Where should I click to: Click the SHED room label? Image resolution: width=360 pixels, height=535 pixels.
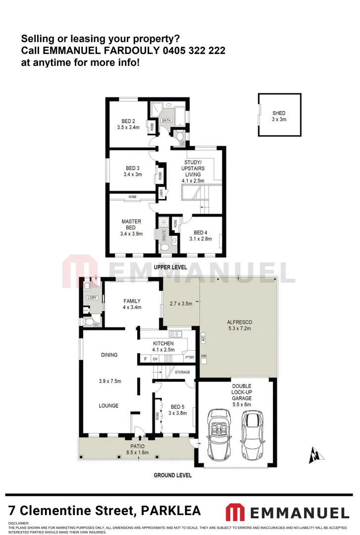coord(279,113)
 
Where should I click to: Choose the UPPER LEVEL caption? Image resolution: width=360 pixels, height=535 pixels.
coord(170,267)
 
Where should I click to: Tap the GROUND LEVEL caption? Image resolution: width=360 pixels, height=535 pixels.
coord(172,475)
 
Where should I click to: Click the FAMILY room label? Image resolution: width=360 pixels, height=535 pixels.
coord(132,301)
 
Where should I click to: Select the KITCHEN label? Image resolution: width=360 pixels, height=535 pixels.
coord(163,343)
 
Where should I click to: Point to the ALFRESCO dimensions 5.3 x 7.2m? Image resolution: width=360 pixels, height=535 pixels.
coord(239,328)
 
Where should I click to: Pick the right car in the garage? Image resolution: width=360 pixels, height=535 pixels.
coord(252,429)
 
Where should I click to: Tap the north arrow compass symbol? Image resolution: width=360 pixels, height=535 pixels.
coord(313,455)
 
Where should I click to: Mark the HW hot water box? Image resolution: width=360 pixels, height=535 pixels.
coord(204,356)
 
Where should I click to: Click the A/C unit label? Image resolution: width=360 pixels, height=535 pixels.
coord(203,339)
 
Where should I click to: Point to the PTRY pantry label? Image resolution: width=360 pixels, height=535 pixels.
coord(189,358)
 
